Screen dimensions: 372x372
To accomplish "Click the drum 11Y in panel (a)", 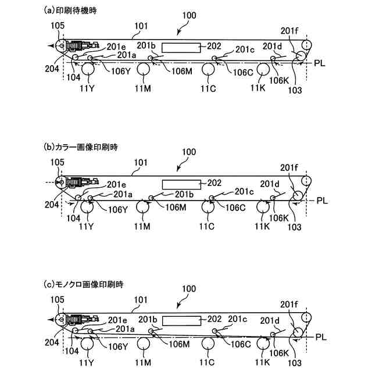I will [x=88, y=70].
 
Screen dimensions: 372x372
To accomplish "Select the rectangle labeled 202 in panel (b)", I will [x=181, y=184].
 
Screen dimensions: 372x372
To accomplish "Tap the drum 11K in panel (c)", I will [x=263, y=344].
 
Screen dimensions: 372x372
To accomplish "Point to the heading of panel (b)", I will [x=81, y=147].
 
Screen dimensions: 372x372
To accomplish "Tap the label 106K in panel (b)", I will [x=278, y=217].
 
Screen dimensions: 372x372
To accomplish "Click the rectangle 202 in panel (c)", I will [x=181, y=320].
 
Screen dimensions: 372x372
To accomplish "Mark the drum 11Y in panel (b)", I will [x=88, y=207].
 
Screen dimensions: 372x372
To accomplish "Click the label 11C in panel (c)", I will [x=209, y=362].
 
